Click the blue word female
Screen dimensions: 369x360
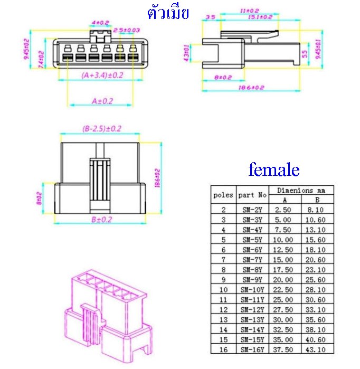(x=273, y=169)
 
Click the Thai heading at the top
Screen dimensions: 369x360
(x=168, y=13)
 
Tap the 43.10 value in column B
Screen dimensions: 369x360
(x=318, y=349)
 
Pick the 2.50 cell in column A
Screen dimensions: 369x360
(x=285, y=209)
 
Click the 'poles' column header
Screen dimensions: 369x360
(x=223, y=195)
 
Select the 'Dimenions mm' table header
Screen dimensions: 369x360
(x=301, y=190)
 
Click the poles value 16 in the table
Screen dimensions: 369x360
(x=223, y=349)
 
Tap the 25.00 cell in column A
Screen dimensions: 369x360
(x=285, y=299)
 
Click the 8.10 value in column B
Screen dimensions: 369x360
(x=318, y=209)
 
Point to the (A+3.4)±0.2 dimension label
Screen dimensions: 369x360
(x=102, y=75)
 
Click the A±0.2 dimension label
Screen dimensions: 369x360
(x=102, y=100)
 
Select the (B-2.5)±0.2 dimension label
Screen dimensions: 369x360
(x=102, y=128)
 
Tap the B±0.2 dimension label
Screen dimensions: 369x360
(x=102, y=219)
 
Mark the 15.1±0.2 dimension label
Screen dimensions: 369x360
(x=260, y=17)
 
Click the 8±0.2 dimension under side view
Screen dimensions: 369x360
(x=223, y=78)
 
